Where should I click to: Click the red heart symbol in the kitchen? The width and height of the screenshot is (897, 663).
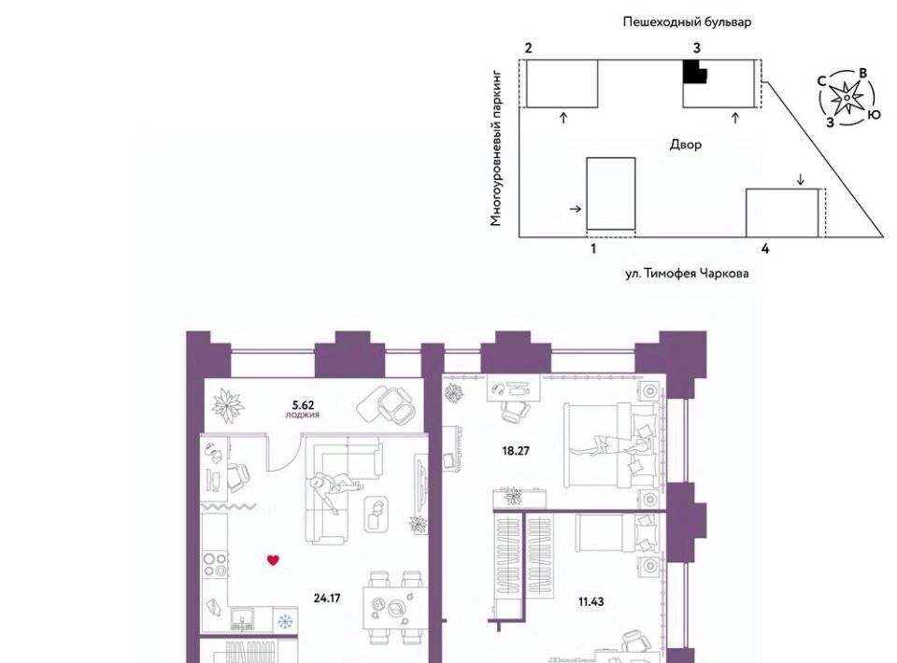273,560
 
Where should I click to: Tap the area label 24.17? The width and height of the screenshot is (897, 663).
327,599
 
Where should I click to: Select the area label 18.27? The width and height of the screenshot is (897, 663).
516,451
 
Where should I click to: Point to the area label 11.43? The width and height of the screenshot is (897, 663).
591,602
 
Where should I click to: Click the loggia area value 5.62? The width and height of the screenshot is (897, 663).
303,405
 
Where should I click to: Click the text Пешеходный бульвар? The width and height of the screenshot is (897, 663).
687,22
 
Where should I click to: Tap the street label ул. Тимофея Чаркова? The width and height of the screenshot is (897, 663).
687,274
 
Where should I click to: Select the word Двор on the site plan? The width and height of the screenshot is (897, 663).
685,145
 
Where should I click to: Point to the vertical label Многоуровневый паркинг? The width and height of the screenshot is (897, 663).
495,148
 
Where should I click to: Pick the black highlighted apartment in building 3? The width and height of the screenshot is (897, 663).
694,72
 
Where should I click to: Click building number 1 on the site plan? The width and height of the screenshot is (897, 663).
593,249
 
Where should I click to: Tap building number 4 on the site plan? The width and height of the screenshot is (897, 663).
765,248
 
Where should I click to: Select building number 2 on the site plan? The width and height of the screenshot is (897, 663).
528,48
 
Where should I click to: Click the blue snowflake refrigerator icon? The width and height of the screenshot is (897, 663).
285,621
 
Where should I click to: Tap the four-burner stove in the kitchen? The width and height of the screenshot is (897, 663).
216,564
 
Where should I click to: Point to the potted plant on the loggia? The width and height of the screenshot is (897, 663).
228,405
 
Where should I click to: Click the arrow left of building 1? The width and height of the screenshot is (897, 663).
575,209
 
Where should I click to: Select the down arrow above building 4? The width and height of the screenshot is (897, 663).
801,179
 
